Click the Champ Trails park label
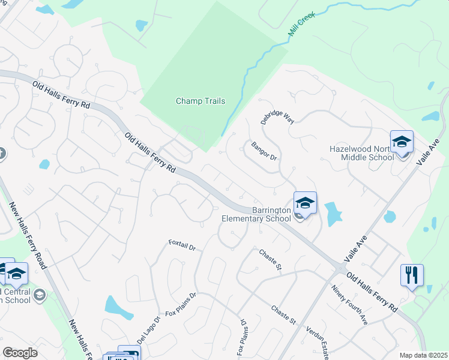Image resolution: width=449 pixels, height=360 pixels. pos(200,101)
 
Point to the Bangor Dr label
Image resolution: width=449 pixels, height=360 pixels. pos(264,151)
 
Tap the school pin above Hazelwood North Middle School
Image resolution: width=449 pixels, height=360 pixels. pos(402,142)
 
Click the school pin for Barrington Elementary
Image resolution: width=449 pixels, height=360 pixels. pos(305,203)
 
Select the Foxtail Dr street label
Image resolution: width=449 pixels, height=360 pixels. pos(182,245)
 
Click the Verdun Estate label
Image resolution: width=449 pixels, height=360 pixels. pos(318,342)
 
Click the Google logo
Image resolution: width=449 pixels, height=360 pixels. pos(20,353)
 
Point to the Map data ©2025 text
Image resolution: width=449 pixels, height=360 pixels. pos(423,355)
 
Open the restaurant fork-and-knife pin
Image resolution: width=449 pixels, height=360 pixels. pos(412,275)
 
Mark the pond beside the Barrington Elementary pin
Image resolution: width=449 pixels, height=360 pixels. pos(333,212)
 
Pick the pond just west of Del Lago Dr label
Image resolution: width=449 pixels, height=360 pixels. pos(119,307)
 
